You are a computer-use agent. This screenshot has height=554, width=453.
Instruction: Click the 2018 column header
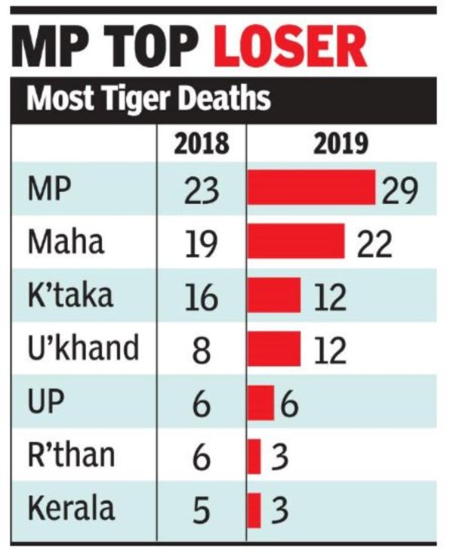[x=201, y=144]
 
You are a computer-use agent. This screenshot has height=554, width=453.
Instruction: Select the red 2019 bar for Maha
[x=296, y=243]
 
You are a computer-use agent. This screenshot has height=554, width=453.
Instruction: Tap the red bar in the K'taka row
[x=274, y=296]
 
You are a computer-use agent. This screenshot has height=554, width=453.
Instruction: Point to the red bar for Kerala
[x=254, y=510]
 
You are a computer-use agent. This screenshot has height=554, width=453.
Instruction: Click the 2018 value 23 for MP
[x=201, y=190]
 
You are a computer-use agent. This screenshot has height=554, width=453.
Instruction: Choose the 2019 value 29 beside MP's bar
[x=398, y=190]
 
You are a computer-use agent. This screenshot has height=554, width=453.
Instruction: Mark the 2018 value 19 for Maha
[x=201, y=243]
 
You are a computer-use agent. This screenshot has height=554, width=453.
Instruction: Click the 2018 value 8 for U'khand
[x=201, y=350]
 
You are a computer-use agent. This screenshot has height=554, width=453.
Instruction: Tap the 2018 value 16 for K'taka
[x=201, y=296]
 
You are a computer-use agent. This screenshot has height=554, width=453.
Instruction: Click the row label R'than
[x=72, y=455]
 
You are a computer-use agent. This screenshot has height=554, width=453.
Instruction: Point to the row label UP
[x=47, y=402]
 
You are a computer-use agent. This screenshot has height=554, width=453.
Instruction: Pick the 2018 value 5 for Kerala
[x=201, y=510]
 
